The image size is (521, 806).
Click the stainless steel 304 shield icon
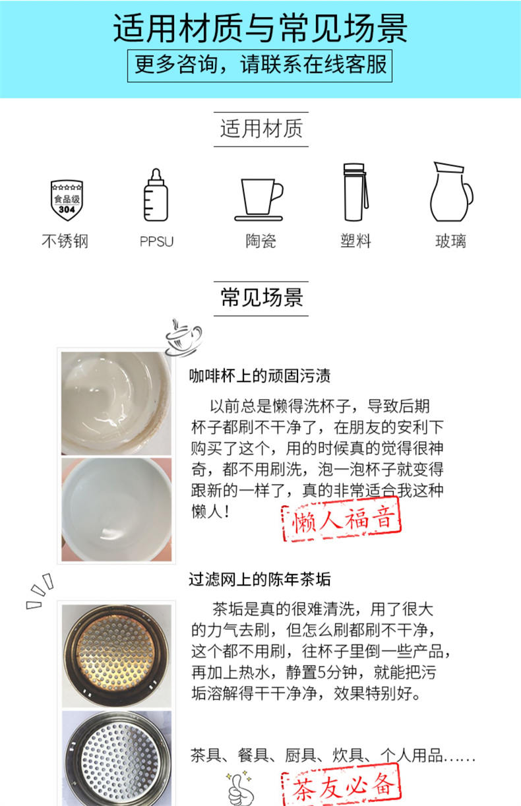(67, 200)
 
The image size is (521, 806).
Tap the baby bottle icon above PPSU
(156, 195)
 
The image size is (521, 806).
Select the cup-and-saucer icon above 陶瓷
(259, 200)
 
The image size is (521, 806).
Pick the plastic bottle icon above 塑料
(355, 192)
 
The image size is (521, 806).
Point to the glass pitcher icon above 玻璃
(451, 192)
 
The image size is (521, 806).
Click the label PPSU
(156, 241)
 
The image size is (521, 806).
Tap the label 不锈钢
(65, 241)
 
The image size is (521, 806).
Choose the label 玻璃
(450, 241)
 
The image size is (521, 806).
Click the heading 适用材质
(261, 129)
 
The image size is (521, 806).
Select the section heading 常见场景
(261, 298)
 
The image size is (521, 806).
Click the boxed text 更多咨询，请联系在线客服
(260, 66)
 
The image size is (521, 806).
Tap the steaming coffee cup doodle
(183, 338)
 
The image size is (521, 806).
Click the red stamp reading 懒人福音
(341, 519)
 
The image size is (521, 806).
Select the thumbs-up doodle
(240, 789)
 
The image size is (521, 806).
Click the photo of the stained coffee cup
(116, 404)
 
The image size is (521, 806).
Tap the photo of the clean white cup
(116, 509)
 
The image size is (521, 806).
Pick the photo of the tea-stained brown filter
(116, 656)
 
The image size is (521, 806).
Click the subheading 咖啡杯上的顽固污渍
(260, 376)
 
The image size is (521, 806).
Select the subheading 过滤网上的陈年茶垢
(260, 580)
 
